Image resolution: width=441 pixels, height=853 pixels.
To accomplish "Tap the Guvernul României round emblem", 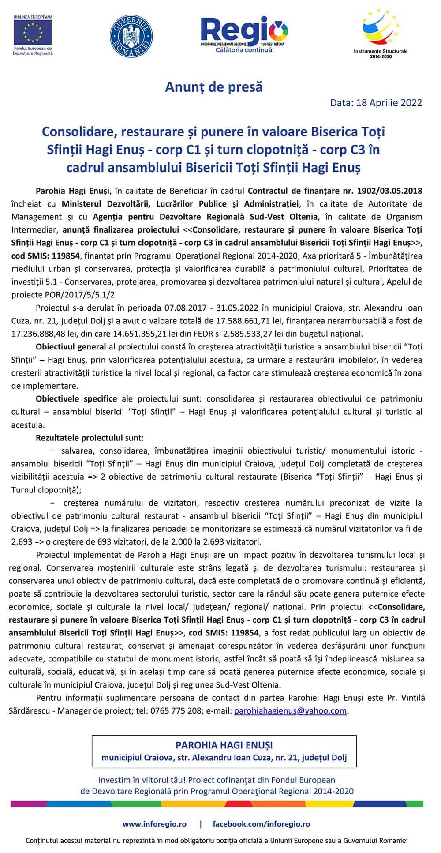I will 131,34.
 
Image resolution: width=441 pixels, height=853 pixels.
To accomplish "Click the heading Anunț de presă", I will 214,87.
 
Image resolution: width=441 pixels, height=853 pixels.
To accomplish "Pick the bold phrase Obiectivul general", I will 71,347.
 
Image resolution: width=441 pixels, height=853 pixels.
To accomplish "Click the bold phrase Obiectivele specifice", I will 76,399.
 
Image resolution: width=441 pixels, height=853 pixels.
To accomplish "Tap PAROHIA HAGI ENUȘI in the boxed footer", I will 224,745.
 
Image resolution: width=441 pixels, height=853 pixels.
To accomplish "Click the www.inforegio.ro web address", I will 154,824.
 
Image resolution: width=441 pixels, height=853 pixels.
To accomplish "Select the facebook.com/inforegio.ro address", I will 261,824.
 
